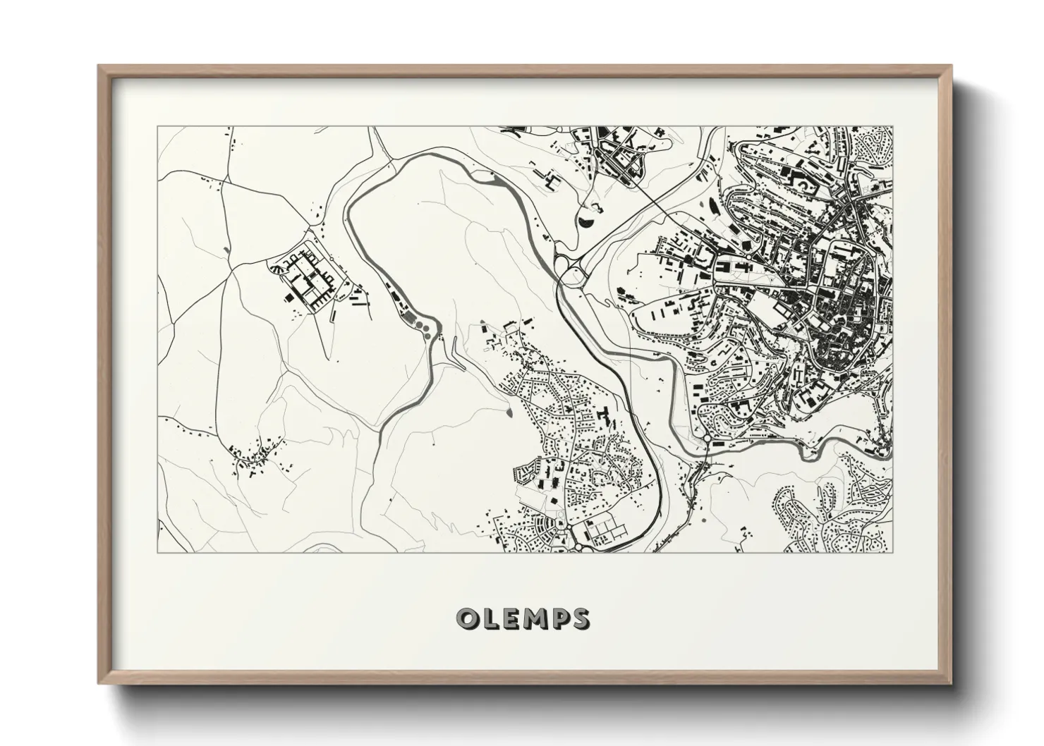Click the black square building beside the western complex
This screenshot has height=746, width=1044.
tap(290, 299)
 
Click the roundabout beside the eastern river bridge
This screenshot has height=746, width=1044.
tap(706, 439)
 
